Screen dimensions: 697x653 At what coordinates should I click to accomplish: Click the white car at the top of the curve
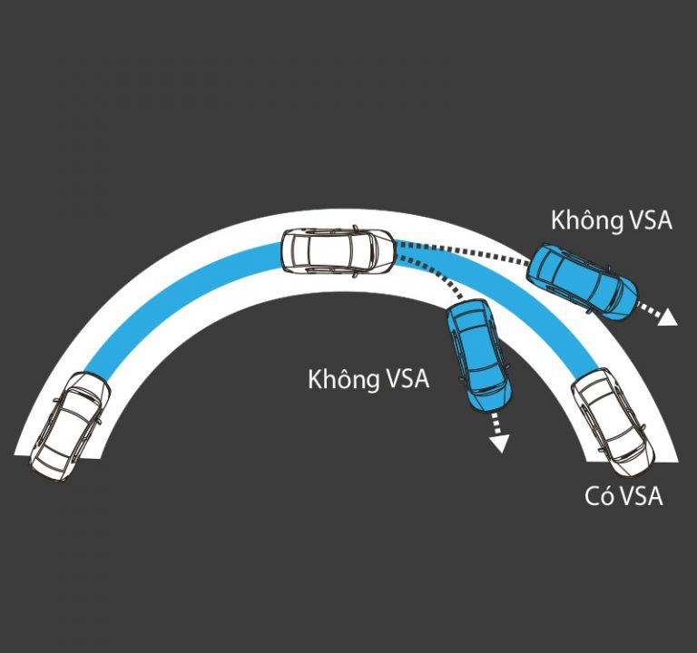pos(338,252)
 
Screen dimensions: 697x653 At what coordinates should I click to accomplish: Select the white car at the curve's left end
pos(69,425)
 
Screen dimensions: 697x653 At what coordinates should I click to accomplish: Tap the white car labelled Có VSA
pos(614,424)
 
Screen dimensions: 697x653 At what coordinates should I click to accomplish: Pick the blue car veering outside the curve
pos(582,281)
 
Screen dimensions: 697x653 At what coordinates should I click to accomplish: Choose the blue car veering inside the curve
pos(479,356)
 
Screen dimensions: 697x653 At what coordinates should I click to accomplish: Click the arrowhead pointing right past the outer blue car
pos(667,318)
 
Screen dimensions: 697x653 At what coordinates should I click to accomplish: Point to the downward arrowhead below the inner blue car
pos(499,443)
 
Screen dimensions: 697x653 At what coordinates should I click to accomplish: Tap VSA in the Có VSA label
pos(641,496)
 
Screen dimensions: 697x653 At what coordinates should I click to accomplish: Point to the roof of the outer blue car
pos(578,279)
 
